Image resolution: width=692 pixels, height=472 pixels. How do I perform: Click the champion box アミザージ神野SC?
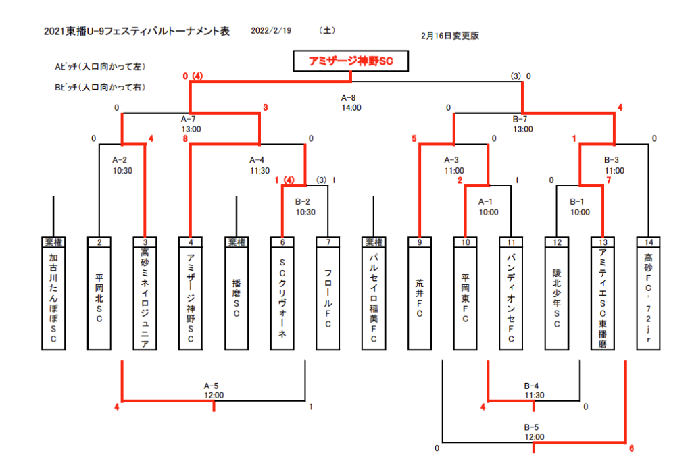click(x=351, y=61)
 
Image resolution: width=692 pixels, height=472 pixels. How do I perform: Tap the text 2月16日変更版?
click(x=449, y=36)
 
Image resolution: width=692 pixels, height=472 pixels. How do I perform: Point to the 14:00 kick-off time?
click(x=351, y=107)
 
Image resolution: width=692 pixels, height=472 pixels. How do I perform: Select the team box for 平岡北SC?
click(x=99, y=298)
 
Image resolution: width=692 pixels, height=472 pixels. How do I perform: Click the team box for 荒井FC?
click(x=419, y=298)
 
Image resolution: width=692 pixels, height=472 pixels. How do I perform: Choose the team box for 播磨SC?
click(x=237, y=298)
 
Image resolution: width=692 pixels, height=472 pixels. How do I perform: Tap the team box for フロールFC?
click(x=328, y=298)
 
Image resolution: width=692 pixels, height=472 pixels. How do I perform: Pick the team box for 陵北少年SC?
click(x=556, y=298)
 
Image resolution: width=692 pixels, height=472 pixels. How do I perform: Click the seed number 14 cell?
click(x=648, y=242)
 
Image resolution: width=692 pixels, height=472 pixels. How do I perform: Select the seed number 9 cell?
click(x=419, y=242)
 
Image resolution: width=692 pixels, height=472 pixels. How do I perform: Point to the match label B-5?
click(x=531, y=427)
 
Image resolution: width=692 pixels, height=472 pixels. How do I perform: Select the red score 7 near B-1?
click(x=609, y=180)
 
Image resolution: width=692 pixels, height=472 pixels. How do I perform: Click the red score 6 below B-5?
click(x=632, y=448)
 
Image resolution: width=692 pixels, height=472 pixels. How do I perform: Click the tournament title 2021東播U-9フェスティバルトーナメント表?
click(x=137, y=31)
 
